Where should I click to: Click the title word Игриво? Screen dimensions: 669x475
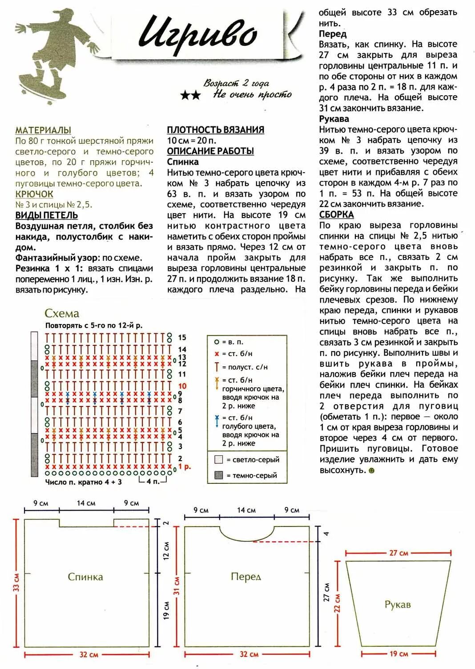click(198, 33)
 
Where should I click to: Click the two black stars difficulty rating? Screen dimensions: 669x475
click(190, 95)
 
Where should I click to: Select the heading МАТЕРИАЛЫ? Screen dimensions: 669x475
click(43, 130)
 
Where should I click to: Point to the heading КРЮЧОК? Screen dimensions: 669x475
click(34, 194)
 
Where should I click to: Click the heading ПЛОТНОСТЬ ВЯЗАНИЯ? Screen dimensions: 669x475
click(215, 130)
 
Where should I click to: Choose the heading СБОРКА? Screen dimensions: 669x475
click(336, 215)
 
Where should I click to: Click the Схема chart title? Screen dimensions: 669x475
click(62, 313)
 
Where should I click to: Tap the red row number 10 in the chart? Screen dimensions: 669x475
click(182, 386)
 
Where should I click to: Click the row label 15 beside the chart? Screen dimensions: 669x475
click(182, 338)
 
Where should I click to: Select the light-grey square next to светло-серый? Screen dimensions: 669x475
click(218, 459)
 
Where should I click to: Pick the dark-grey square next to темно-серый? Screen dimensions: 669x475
click(218, 475)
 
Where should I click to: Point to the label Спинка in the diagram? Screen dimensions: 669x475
click(85, 577)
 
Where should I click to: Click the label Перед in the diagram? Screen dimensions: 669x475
click(246, 577)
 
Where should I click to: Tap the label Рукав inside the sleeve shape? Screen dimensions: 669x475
click(398, 604)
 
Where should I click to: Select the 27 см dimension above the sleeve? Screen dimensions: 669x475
click(399, 553)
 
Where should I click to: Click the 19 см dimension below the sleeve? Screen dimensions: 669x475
click(399, 654)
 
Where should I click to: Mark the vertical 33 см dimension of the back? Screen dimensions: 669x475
click(16, 582)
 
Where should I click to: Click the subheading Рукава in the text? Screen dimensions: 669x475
click(334, 119)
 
